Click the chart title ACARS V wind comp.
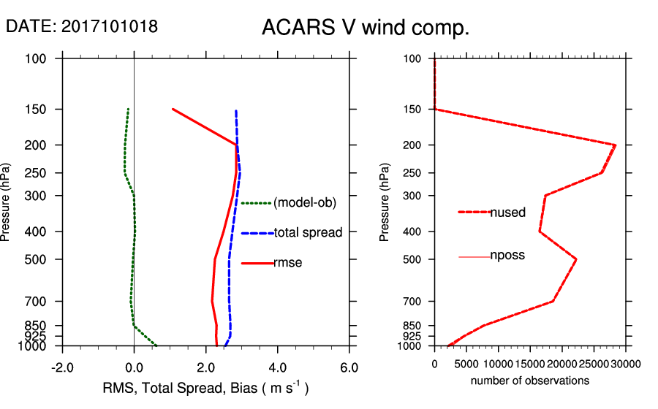point(365,28)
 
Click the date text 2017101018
point(110,26)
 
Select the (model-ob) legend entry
point(304,203)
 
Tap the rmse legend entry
point(287,263)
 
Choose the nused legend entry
point(507,213)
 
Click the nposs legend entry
point(507,256)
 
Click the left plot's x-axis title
point(205,388)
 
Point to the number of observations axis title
point(530,381)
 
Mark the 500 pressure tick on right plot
point(413,259)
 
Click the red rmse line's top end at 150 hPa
point(173,109)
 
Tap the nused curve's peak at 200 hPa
point(615,145)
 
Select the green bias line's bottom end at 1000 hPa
point(156,345)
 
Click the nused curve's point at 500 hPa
point(576,259)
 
